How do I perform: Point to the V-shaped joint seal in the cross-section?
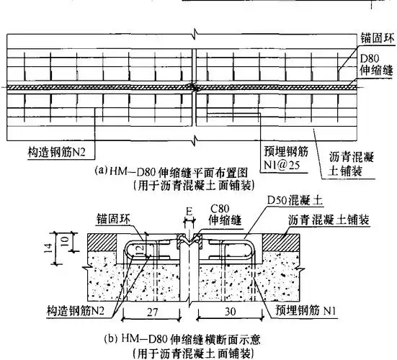pyautogui.click(x=190, y=247)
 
